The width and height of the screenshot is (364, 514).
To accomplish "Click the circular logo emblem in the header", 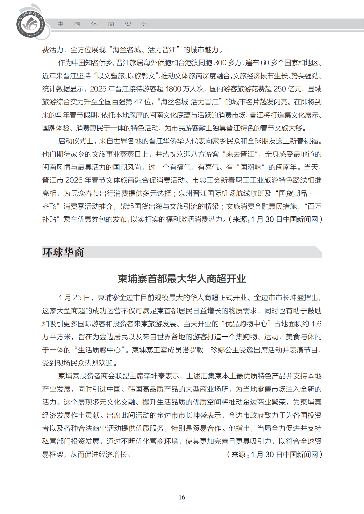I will click(30, 24).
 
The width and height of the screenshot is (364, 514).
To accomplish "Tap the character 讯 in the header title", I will click(145, 24).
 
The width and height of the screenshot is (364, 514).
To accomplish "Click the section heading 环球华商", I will click(63, 252).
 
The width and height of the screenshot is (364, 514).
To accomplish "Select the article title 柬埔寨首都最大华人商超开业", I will click(182, 279).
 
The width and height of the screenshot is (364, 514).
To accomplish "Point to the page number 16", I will click(182, 497).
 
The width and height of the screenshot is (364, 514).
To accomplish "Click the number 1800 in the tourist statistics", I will click(174, 89).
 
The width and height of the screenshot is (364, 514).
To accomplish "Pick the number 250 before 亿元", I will click(280, 89).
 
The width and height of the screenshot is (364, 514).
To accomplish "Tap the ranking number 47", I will click(138, 102).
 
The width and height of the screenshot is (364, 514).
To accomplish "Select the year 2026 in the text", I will click(74, 180).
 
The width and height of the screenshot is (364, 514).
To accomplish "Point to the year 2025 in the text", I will click(98, 89).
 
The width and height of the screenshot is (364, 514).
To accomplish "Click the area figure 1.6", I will click(316, 324).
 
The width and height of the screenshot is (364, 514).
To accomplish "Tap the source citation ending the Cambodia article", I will click(274, 454).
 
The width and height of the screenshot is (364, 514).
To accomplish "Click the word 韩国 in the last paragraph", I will click(135, 389).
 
